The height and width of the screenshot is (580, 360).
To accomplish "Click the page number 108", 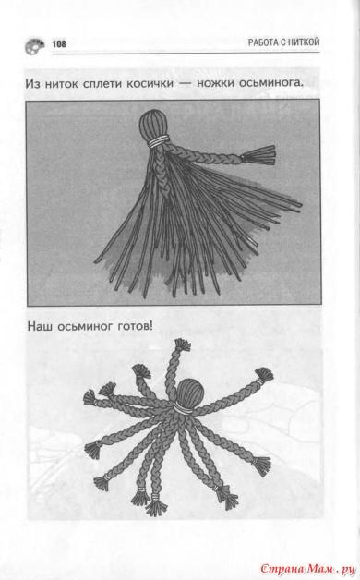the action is (x=59, y=44).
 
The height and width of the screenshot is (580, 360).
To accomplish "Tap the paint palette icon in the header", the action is (x=34, y=46).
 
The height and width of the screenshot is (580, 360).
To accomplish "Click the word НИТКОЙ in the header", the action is (x=304, y=42).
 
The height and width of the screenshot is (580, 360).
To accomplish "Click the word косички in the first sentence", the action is (x=150, y=83).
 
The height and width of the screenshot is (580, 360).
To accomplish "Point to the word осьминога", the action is (x=271, y=83).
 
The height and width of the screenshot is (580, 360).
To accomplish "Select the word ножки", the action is (x=215, y=83).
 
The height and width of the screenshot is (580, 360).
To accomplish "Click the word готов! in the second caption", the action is (x=136, y=327).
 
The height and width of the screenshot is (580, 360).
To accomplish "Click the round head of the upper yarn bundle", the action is (x=153, y=125).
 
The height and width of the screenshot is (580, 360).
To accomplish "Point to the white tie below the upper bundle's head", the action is (x=158, y=141).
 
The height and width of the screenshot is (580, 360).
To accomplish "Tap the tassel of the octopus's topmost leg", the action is (x=182, y=344).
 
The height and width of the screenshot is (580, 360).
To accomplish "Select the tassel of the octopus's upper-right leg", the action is (x=264, y=375).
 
